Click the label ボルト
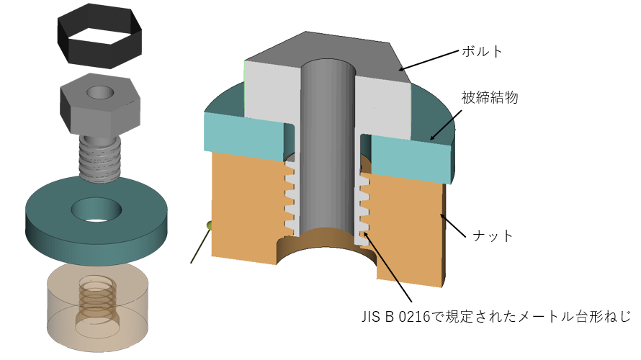point(482,52)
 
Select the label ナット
point(491,235)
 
